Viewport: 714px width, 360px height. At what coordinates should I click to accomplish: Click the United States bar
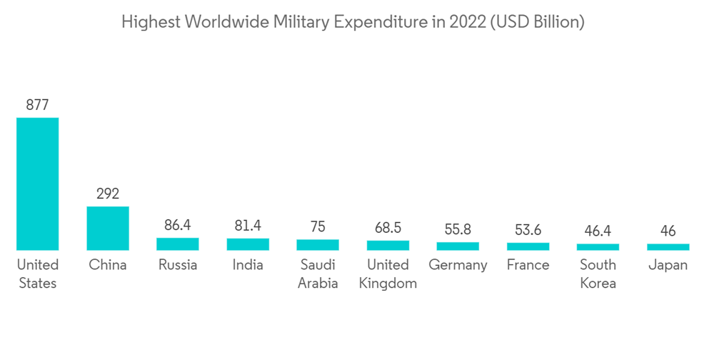click(37, 184)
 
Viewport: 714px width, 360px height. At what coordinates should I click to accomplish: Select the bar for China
click(108, 228)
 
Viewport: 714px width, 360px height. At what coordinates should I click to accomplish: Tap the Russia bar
click(178, 244)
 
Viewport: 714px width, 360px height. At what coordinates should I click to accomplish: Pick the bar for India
click(248, 244)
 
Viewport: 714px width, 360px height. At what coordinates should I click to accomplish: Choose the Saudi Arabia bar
click(318, 245)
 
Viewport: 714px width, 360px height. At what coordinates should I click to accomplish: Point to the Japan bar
click(668, 247)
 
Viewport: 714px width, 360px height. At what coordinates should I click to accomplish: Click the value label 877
click(37, 105)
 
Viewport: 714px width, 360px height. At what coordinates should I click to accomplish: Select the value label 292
click(108, 194)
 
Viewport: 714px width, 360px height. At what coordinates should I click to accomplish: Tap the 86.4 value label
click(178, 225)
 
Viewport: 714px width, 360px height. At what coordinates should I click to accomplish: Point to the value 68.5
click(388, 228)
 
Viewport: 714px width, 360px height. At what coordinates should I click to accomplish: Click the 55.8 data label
click(458, 230)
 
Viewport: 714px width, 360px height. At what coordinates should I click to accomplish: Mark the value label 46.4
click(598, 231)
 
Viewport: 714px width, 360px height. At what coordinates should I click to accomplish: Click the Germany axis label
click(458, 265)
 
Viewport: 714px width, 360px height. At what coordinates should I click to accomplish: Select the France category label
click(528, 265)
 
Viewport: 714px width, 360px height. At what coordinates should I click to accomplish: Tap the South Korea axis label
click(598, 274)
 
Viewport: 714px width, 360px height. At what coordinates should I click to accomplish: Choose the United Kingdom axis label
click(388, 274)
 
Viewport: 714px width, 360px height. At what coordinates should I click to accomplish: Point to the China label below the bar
click(108, 265)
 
